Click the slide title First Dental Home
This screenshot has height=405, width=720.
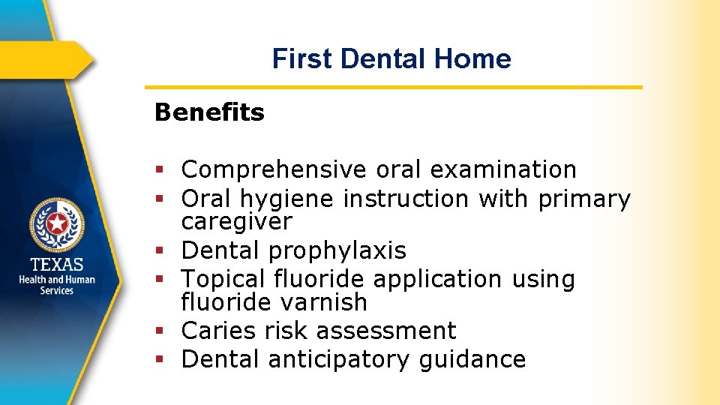pos(391,58)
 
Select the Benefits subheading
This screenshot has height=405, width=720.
pos(209,112)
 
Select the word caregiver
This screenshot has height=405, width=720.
pos(236,222)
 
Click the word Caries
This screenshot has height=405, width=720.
pos(217,331)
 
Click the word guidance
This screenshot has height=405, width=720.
pos(472,359)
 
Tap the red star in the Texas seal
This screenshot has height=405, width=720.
pos(57,223)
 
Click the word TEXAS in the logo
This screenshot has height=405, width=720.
pos(57,265)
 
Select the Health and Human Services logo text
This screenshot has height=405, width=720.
pos(57,285)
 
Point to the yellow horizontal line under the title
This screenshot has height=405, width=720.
pos(394,87)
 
